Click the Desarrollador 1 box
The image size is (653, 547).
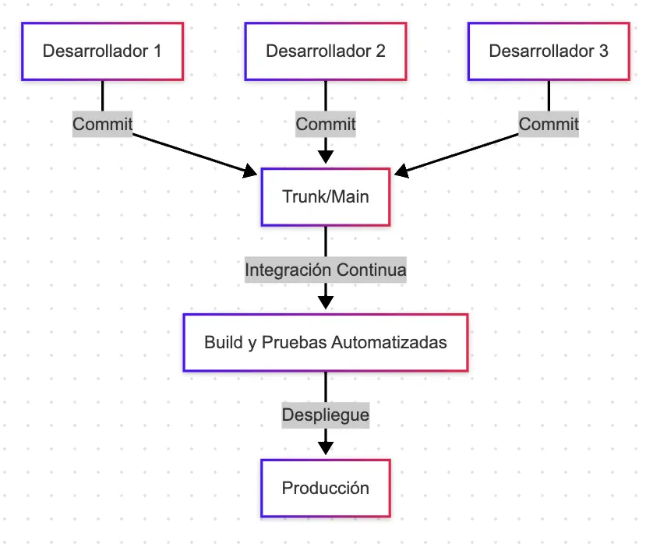[102, 51]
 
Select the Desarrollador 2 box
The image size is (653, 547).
[325, 51]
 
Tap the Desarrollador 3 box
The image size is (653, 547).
[549, 51]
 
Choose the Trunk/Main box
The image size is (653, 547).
[325, 197]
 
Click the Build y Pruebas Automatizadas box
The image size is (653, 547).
[325, 342]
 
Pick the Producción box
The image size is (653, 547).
[325, 489]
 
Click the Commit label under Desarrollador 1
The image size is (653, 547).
[102, 124]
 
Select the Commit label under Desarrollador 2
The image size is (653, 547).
[325, 124]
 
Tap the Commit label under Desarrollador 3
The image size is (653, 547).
[549, 124]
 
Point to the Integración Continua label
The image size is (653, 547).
[325, 270]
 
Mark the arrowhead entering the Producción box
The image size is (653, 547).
[325, 448]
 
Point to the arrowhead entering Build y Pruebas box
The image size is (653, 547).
[325, 302]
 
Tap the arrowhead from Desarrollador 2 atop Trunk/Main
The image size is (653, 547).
[325, 156]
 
